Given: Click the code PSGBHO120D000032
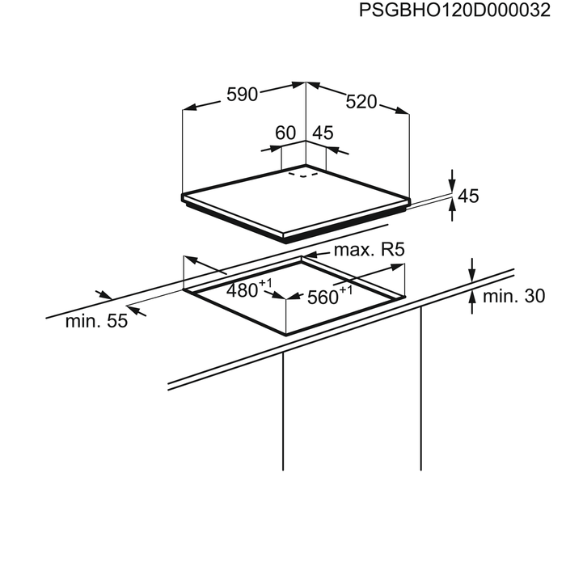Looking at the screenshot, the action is (454, 10).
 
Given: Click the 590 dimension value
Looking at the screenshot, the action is (242, 95).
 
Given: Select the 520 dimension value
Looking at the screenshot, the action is (361, 102).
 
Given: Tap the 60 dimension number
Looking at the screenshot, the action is (285, 133).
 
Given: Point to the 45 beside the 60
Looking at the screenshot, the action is (323, 133).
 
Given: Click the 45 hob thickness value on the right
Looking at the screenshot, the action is (468, 196).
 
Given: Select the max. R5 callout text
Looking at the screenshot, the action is (369, 250).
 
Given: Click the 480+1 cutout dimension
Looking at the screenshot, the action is (249, 289).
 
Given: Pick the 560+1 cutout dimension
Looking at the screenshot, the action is (330, 296).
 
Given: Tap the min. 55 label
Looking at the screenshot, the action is (96, 321).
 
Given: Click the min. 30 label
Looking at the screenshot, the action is (513, 297).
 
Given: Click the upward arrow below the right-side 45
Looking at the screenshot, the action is (452, 210).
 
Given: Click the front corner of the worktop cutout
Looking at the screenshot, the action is (286, 334).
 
